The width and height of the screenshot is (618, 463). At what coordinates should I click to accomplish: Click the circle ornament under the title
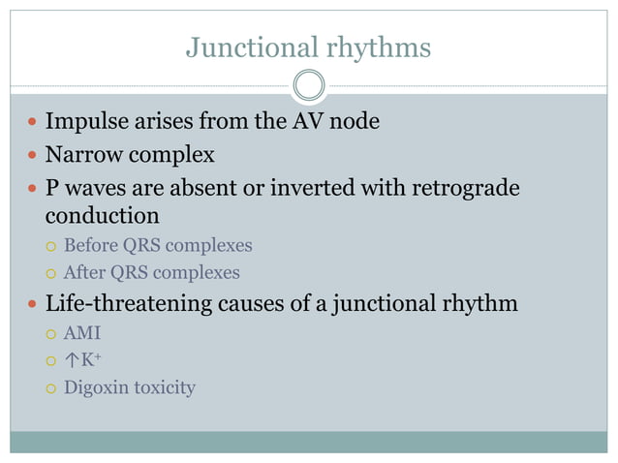pyautogui.click(x=309, y=85)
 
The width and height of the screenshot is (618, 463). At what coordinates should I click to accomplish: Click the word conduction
pyautogui.click(x=102, y=214)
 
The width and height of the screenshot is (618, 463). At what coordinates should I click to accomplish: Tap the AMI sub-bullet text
pyautogui.click(x=81, y=333)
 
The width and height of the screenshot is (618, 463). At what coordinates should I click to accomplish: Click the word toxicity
pyautogui.click(x=164, y=388)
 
